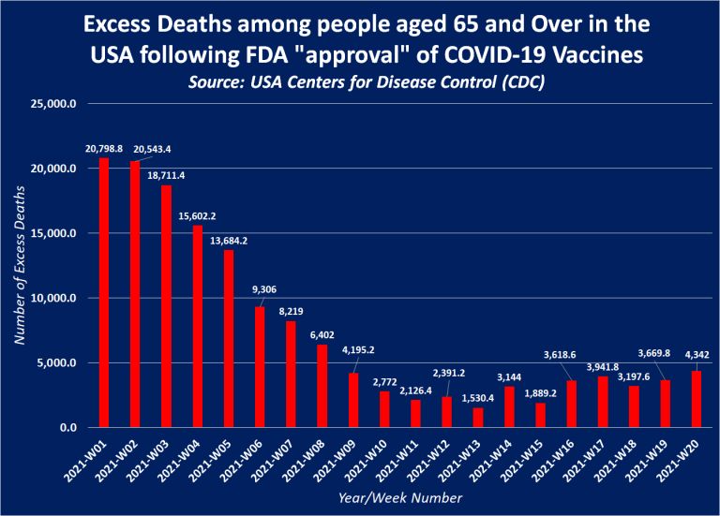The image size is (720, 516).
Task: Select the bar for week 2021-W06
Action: [260, 367]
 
